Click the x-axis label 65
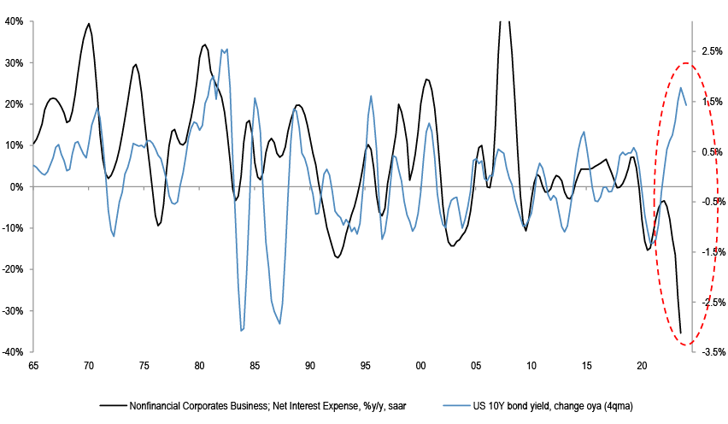[x=33, y=366]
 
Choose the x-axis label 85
[x=255, y=366]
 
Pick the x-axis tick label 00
[x=420, y=366]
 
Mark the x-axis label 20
[x=643, y=366]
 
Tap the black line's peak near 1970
[x=89, y=23]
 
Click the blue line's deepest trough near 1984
[x=242, y=330]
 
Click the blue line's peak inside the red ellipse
[x=681, y=87]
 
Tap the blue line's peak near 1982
[x=223, y=50]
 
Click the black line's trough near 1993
[x=338, y=257]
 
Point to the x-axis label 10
[x=531, y=366]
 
